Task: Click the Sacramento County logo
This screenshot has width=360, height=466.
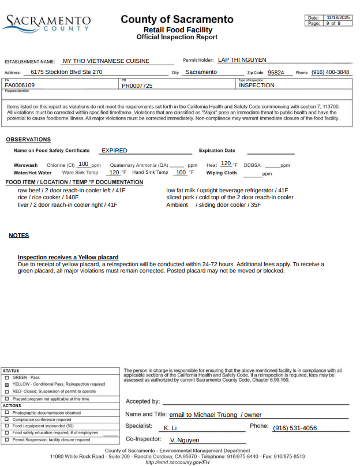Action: pos(46,23)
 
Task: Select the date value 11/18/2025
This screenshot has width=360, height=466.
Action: pos(338,18)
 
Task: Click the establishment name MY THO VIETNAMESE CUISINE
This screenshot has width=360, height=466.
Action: pos(106,61)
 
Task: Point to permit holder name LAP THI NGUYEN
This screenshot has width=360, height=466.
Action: pos(242,59)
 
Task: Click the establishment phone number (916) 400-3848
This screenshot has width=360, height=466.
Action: pos(330,72)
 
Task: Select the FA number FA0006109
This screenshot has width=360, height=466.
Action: pos(20,85)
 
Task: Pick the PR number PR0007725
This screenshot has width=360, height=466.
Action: pos(137,85)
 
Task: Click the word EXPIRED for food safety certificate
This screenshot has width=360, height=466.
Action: pos(114,151)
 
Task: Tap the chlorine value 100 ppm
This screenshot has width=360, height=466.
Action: pos(83,164)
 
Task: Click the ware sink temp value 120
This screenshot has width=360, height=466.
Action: pos(114,172)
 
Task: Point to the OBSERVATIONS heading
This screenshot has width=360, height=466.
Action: pos(28,139)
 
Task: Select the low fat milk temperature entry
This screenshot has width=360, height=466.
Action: pos(227,190)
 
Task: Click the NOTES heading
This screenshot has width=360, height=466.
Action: pos(19,235)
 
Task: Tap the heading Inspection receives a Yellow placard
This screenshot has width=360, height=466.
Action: pos(68,257)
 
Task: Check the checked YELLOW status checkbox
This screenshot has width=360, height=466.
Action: pos(6,384)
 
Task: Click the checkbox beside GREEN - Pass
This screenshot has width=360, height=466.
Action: pos(6,377)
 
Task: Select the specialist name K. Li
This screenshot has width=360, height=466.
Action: pos(170,428)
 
